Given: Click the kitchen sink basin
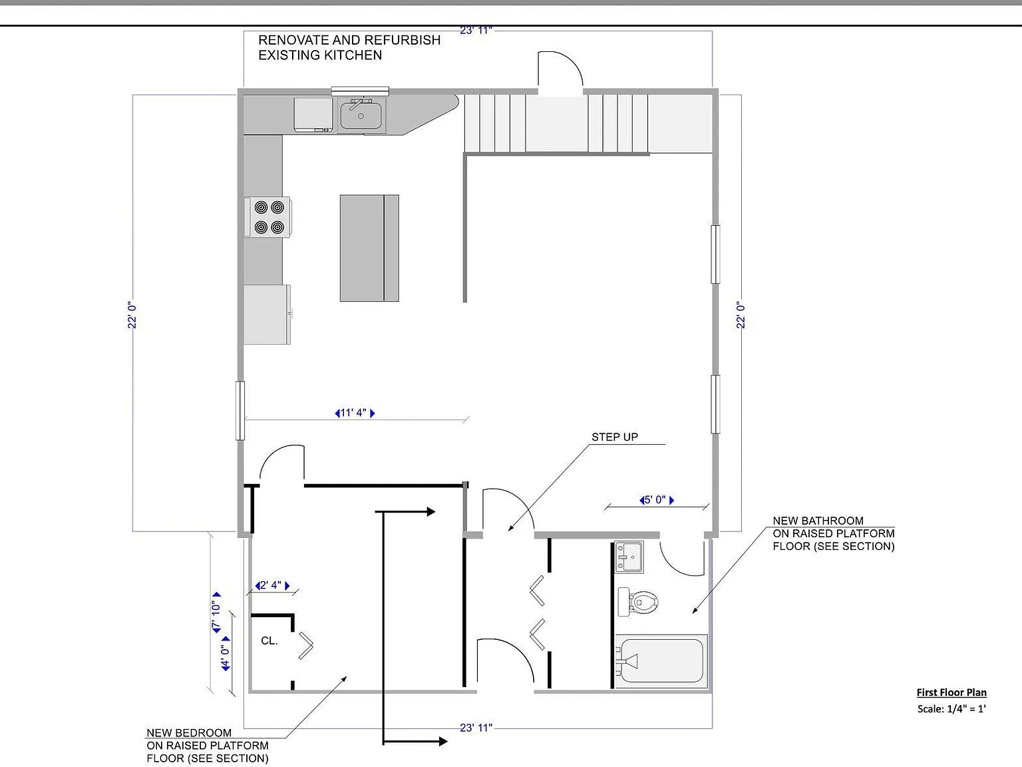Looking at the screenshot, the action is click(361, 115).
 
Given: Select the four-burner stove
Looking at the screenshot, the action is click(268, 217).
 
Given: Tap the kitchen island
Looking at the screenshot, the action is click(369, 248).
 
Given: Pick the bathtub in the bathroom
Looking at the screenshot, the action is click(661, 661).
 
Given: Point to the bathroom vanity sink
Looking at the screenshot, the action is click(629, 557).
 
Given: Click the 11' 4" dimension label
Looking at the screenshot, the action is click(355, 413).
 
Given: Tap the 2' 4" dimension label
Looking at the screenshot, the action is click(272, 585).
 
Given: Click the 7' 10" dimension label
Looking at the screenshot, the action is click(216, 613).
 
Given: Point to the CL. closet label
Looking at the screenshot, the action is click(269, 640).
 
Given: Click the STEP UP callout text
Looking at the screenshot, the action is click(615, 437).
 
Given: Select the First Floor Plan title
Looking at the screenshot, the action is click(951, 692).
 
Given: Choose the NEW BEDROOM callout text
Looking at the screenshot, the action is click(188, 732).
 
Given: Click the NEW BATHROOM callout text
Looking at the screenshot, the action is click(818, 520).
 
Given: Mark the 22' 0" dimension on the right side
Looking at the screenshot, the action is click(741, 316).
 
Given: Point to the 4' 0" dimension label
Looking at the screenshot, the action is click(226, 654).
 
